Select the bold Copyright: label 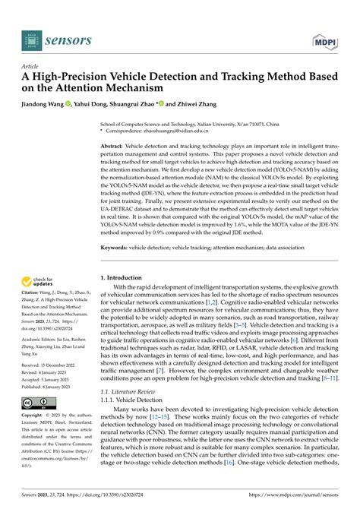tap(36, 416)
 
